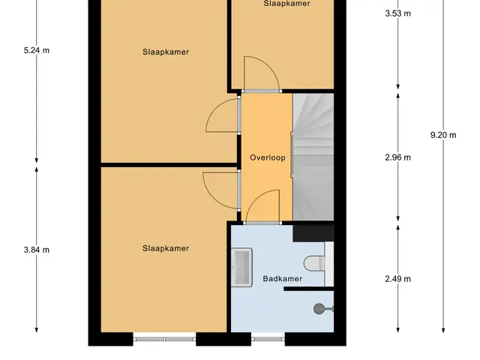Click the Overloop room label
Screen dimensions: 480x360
pyautogui.click(x=268, y=157)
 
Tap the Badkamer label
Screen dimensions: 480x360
pyautogui.click(x=283, y=278)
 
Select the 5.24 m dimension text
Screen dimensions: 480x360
pyautogui.click(x=37, y=50)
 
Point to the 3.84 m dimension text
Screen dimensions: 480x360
pyautogui.click(x=37, y=250)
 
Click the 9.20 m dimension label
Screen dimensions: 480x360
pyautogui.click(x=443, y=135)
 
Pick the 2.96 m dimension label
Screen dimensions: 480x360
pyautogui.click(x=398, y=157)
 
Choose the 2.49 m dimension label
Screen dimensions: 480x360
pyautogui.click(x=398, y=279)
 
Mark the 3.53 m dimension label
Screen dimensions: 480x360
pyautogui.click(x=398, y=13)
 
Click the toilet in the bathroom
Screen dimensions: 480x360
pyautogui.click(x=314, y=263)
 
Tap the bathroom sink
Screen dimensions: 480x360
pyautogui.click(x=241, y=267)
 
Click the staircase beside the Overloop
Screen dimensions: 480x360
pyautogui.click(x=313, y=157)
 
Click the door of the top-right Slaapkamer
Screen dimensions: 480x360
pyautogui.click(x=261, y=73)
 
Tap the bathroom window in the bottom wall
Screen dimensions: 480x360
pyautogui.click(x=268, y=339)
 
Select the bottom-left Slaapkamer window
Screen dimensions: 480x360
pyautogui.click(x=164, y=339)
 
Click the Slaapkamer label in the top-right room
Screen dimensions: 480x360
pyautogui.click(x=286, y=4)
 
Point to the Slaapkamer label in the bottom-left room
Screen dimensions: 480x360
pyautogui.click(x=166, y=248)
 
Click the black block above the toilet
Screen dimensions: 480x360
pyautogui.click(x=313, y=233)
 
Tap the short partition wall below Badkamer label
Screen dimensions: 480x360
pyautogui.click(x=308, y=289)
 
